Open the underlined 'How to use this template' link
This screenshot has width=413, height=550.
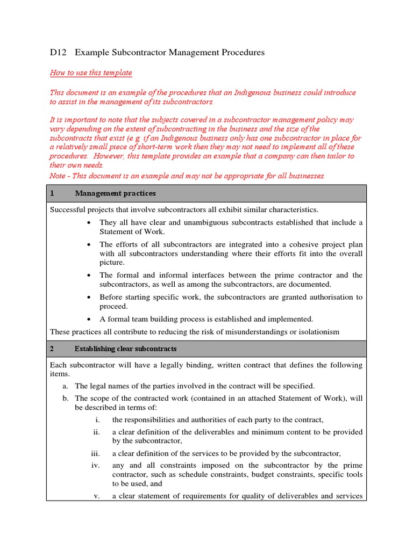coord(91,73)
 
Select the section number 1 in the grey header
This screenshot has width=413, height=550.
coord(52,193)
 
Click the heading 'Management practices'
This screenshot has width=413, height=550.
coord(116,193)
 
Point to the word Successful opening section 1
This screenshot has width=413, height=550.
coord(69,209)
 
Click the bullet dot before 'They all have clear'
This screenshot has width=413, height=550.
coord(89,223)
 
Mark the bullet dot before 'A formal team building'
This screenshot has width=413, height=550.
coord(89,319)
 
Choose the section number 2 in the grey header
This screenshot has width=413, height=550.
coord(52,349)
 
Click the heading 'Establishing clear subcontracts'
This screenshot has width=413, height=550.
coord(126,349)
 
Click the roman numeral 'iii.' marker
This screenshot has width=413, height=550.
coord(96,453)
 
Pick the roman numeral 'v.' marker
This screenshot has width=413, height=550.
coord(97,496)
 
